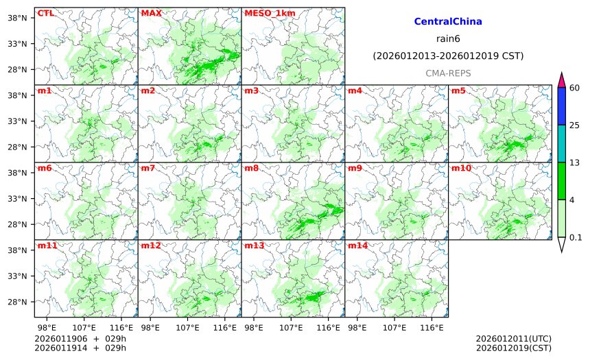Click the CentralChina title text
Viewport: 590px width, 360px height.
point(448,22)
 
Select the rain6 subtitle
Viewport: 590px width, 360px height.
point(448,38)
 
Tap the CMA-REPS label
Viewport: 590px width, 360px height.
point(448,73)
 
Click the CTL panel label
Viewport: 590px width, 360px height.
point(46,13)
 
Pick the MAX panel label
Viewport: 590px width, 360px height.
point(151,13)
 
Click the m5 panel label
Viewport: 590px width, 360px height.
point(458,91)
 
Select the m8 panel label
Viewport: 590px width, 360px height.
point(251,168)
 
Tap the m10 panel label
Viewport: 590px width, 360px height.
point(461,168)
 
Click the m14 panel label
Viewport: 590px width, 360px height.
point(357,245)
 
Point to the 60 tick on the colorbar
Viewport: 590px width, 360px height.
point(575,88)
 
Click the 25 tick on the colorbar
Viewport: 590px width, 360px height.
point(575,125)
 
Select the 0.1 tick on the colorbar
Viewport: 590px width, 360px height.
point(576,237)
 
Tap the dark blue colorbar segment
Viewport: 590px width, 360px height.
point(561,106)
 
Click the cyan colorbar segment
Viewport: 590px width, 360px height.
point(561,143)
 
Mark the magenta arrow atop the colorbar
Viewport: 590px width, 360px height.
point(561,80)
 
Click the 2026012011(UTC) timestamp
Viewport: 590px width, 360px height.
point(513,339)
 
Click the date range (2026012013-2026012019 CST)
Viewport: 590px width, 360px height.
point(448,56)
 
